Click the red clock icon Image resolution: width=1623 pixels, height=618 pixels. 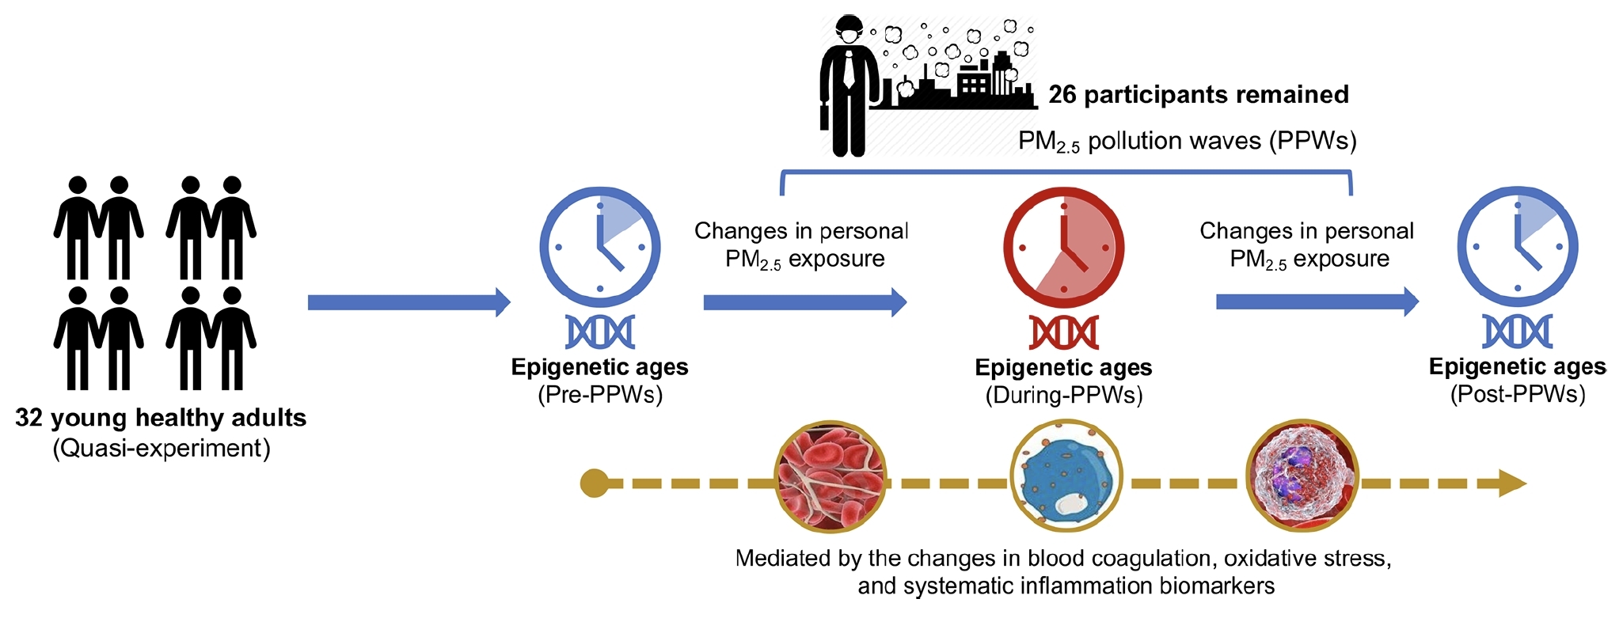coord(1063,247)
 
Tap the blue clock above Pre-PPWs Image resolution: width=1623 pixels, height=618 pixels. coord(599,247)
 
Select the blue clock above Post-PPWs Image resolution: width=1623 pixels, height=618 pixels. coord(1517,247)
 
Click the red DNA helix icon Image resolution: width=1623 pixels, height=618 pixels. coord(1063,332)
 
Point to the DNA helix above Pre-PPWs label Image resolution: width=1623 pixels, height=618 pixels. coord(599,332)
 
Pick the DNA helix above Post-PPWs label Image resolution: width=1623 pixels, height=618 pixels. coord(1517,332)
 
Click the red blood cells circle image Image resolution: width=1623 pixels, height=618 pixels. coord(830,476)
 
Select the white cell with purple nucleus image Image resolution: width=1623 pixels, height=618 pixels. coord(1302,476)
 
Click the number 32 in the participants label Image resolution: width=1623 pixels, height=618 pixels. coord(29,418)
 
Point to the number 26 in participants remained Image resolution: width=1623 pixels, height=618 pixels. coord(1062,95)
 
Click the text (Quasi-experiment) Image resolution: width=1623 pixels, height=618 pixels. coord(162,449)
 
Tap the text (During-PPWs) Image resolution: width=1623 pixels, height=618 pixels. coord(1063,395)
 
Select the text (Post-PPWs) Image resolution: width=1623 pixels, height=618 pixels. coord(1517,394)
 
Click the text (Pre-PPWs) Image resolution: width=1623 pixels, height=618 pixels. coord(599,394)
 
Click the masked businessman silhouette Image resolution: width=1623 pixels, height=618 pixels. coord(848,87)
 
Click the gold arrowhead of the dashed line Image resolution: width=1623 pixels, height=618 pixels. coord(1512,483)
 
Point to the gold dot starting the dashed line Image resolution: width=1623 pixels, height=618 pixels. coord(594,483)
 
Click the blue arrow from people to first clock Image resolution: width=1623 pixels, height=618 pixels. coord(409,302)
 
